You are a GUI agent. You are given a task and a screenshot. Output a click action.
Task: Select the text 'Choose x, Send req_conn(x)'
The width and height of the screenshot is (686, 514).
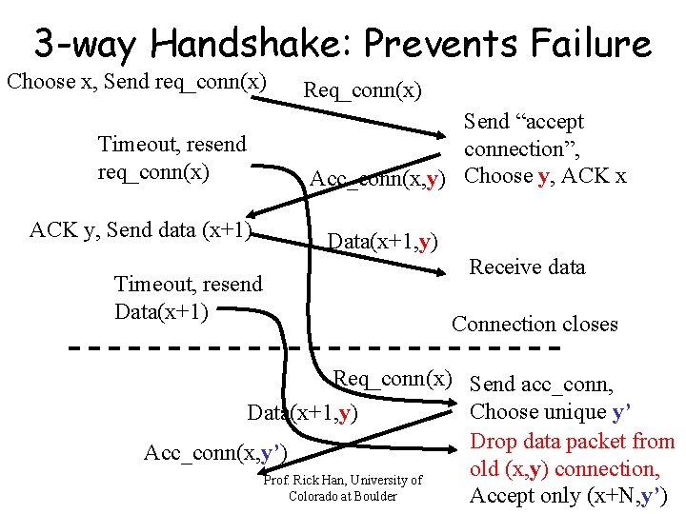point(136,81)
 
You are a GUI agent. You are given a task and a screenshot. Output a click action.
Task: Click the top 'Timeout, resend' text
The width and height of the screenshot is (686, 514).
point(172,144)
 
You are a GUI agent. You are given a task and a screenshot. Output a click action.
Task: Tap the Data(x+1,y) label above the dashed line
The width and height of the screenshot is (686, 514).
point(382,242)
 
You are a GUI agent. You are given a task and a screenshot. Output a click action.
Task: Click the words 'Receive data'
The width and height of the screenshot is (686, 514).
point(527,267)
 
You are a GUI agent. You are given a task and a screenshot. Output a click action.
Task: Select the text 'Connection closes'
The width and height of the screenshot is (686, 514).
point(535,324)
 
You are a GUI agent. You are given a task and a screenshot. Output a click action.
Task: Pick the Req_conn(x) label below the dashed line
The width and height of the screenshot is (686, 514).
point(392,379)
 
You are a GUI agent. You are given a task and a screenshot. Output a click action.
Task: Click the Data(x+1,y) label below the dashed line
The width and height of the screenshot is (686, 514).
point(302,413)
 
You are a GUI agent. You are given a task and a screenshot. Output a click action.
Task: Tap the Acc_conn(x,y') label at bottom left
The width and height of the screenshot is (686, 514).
point(214,452)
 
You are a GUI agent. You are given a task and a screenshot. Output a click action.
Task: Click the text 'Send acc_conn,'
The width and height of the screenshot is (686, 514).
point(541,385)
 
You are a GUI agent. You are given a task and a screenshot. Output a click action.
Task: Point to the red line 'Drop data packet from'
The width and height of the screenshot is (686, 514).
point(573,441)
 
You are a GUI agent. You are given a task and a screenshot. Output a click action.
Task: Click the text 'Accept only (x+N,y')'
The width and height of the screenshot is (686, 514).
point(569,495)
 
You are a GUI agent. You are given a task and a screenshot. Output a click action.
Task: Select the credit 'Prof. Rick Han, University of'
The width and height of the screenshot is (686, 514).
point(343,480)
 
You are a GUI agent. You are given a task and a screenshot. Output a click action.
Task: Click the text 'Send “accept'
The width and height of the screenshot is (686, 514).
point(523,122)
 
